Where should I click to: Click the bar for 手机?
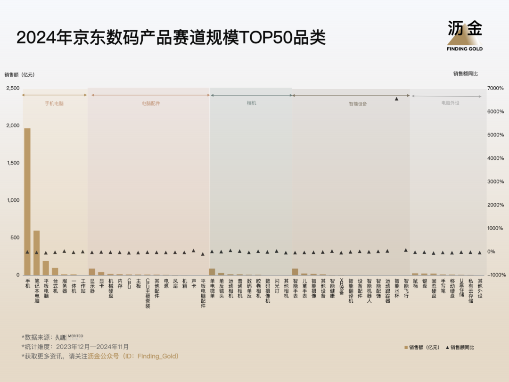[x=27, y=201]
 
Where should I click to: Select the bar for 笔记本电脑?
[x=37, y=253]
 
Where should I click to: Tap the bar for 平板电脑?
[x=46, y=268]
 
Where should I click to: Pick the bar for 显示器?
[x=92, y=272]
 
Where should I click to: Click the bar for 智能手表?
[x=295, y=272]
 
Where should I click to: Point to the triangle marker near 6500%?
[x=396, y=99]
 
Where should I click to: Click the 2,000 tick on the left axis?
[x=13, y=125]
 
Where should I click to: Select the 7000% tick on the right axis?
[x=495, y=88]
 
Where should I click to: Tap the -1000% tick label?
[x=495, y=275]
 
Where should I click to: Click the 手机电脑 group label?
[x=54, y=103]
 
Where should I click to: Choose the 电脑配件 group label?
[x=151, y=103]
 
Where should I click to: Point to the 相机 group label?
[x=252, y=103]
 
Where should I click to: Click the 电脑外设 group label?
[x=450, y=103]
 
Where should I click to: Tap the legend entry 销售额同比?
[x=462, y=348]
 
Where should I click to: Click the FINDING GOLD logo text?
[x=465, y=49]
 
